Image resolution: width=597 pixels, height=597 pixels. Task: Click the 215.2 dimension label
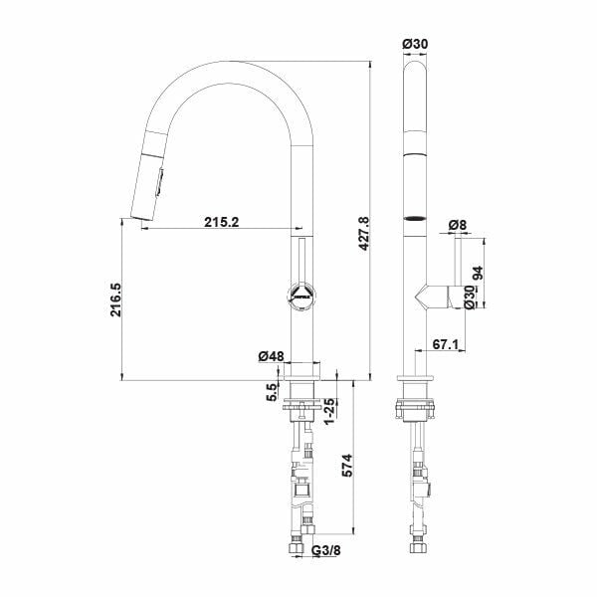coord(222,222)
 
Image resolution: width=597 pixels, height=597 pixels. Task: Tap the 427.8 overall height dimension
coord(364,234)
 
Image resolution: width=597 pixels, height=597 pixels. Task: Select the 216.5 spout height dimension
coord(115,299)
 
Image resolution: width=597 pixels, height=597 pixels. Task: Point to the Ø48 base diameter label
coord(271,356)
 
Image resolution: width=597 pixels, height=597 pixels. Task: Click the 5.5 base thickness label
coord(272,392)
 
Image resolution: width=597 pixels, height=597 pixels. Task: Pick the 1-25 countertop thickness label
coord(329,411)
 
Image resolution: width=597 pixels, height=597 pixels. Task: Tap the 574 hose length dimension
coord(347,466)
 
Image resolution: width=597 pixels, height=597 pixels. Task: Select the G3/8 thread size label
coord(326,550)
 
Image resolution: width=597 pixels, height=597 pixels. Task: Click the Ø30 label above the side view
coord(415,44)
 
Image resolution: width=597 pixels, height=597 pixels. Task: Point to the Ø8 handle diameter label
coord(458,225)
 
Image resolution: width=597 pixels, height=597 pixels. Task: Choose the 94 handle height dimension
coord(477,273)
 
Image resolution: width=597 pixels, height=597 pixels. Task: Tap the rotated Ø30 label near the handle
coord(470,298)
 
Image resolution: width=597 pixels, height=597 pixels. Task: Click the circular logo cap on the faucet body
coord(301,295)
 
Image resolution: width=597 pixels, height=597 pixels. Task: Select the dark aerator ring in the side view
coord(415,219)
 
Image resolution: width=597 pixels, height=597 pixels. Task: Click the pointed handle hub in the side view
coord(432,297)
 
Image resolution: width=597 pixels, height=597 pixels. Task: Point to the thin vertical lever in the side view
coord(458,262)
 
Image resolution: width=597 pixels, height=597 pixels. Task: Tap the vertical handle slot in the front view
coord(301,261)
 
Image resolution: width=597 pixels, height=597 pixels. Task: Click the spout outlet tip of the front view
coord(141,218)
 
